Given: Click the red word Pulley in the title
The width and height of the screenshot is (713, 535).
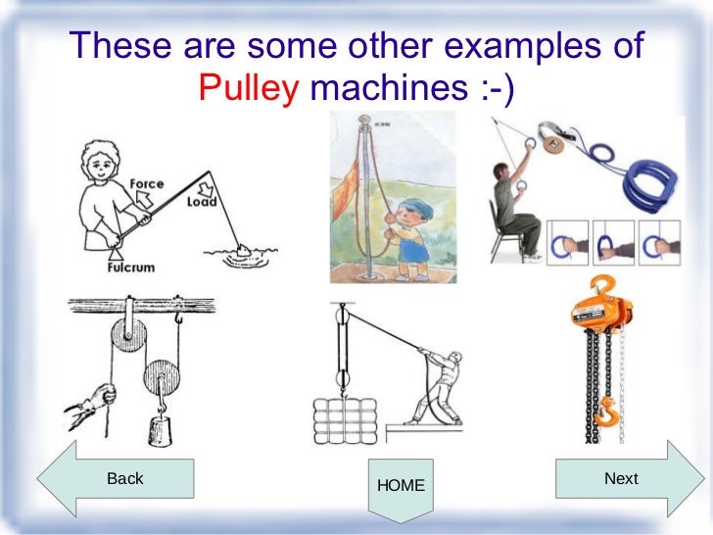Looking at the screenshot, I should [x=249, y=91].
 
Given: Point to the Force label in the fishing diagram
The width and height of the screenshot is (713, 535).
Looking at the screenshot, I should [x=146, y=183].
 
